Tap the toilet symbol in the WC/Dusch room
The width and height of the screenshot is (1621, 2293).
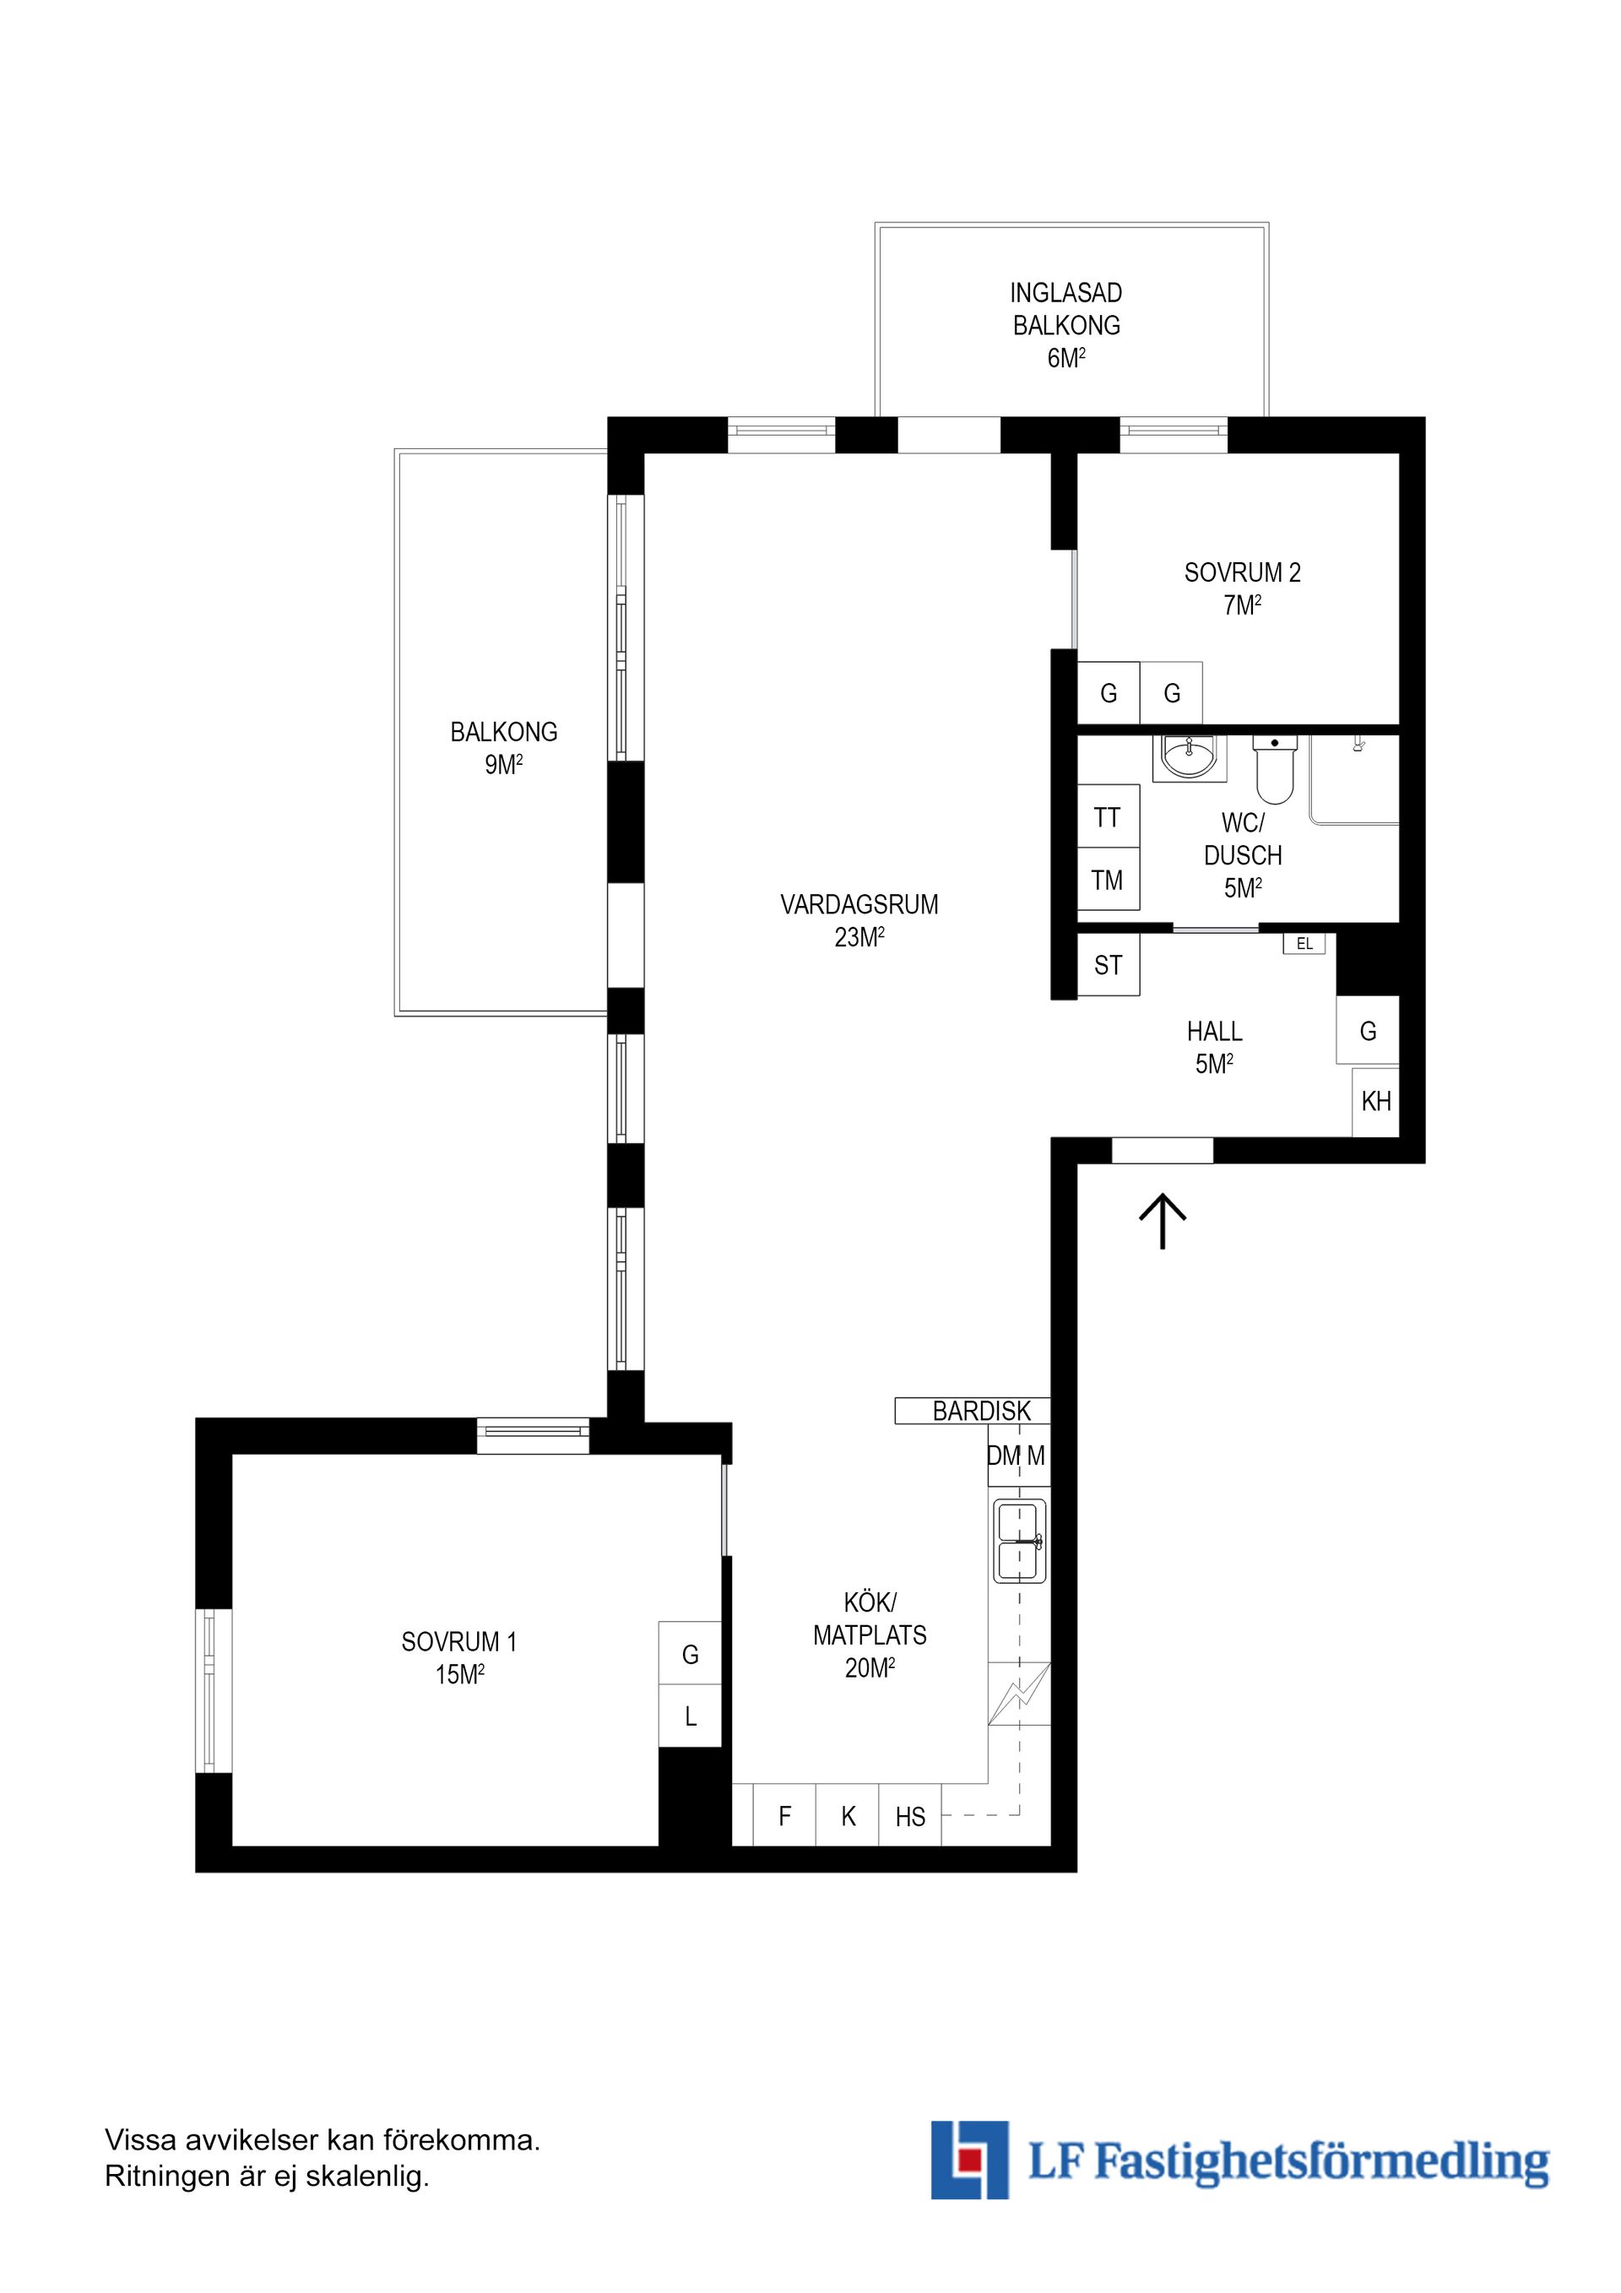[x=1275, y=770]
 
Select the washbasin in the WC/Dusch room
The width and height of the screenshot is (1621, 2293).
[x=1189, y=757]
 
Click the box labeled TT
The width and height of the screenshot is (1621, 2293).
[x=1108, y=818]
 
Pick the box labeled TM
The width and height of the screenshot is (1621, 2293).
[x=1108, y=880]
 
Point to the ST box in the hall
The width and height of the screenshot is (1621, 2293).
[x=1108, y=965]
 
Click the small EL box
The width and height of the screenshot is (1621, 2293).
[x=1304, y=944]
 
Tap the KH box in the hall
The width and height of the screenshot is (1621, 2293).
[x=1375, y=1102]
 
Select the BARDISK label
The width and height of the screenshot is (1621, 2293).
[x=981, y=1411]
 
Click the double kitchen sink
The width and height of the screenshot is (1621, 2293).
[x=1020, y=1540]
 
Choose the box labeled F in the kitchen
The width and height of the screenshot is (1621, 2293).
[x=785, y=1817]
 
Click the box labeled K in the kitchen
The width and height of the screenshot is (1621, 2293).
[x=848, y=1817]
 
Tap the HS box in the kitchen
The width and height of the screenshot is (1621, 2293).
[x=910, y=1817]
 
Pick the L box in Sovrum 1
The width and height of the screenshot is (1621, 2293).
[x=690, y=1716]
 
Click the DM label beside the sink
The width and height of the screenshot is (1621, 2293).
[x=1003, y=1456]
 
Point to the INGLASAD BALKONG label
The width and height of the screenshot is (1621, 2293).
[x=1065, y=309]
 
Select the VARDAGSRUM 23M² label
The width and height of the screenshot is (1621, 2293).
[x=859, y=919]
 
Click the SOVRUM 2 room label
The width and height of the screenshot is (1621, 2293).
[x=1243, y=573]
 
